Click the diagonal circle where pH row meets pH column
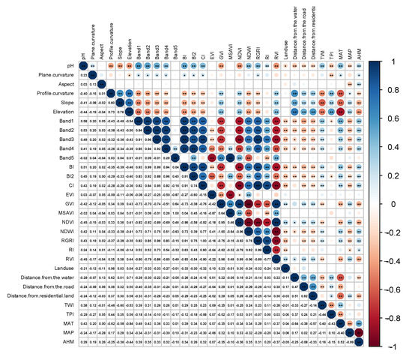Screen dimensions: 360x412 click(x=84, y=66)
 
